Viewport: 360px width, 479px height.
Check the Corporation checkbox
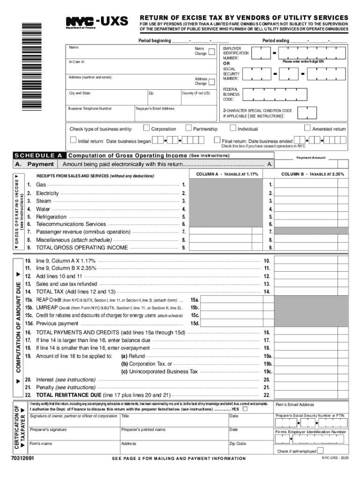coord(147,128)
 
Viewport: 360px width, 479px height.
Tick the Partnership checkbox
coord(188,128)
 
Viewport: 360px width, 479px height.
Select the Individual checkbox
coord(233,128)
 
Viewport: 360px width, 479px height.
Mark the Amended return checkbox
coord(307,128)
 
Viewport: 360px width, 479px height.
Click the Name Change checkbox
coord(212,51)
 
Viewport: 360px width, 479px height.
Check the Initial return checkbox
coord(73,140)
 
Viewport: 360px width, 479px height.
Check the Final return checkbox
coord(217,140)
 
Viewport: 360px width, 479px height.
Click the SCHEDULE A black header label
coord(39,155)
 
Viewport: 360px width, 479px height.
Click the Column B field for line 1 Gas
coord(311,185)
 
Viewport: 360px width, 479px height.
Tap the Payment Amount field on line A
coord(311,164)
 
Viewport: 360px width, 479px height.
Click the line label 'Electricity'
coord(47,193)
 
